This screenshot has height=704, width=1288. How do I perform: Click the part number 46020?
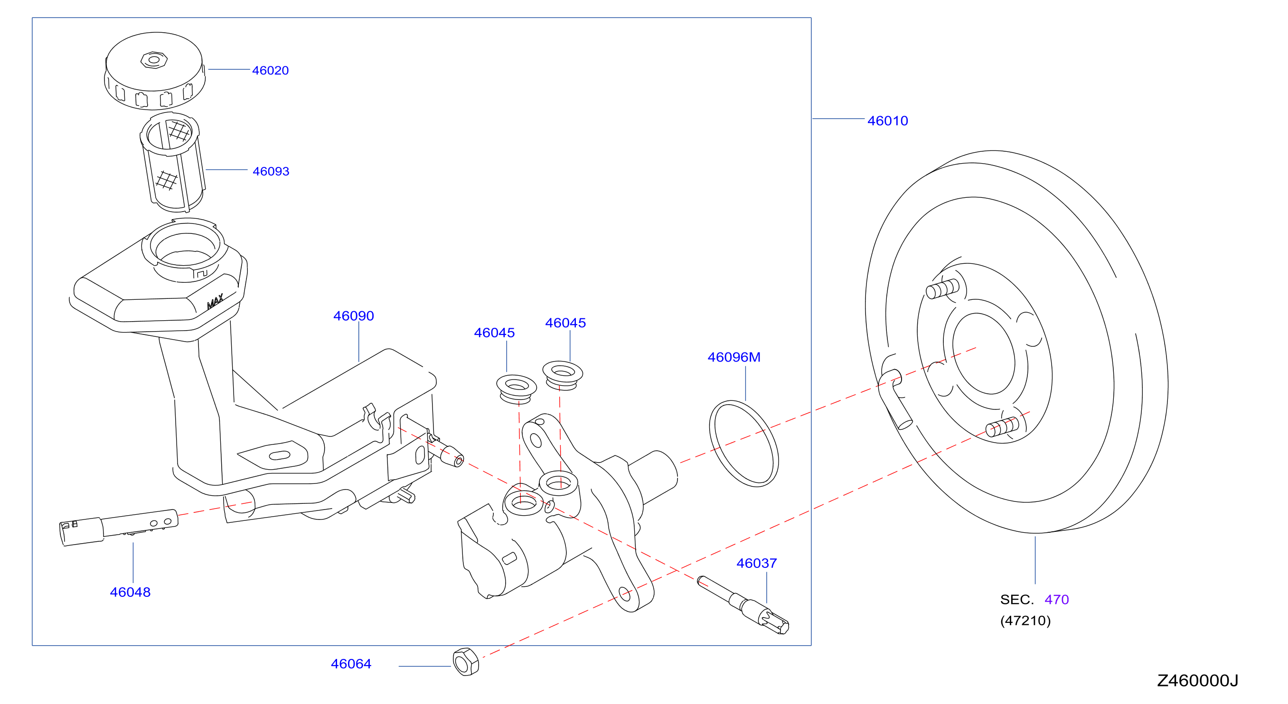tap(270, 71)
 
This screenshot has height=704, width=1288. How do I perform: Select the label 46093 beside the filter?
tap(271, 171)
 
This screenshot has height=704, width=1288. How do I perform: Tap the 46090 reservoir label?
tap(354, 316)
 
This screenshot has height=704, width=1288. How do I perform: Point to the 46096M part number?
tap(733, 357)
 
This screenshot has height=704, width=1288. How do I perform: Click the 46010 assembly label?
tap(887, 121)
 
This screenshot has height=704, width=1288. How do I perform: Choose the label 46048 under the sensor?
tap(130, 592)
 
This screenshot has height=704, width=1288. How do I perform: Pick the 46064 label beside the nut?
tap(351, 664)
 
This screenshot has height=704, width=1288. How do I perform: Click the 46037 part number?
tap(756, 563)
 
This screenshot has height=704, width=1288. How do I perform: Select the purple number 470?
tap(1056, 600)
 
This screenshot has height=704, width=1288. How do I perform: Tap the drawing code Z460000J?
tap(1197, 680)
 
